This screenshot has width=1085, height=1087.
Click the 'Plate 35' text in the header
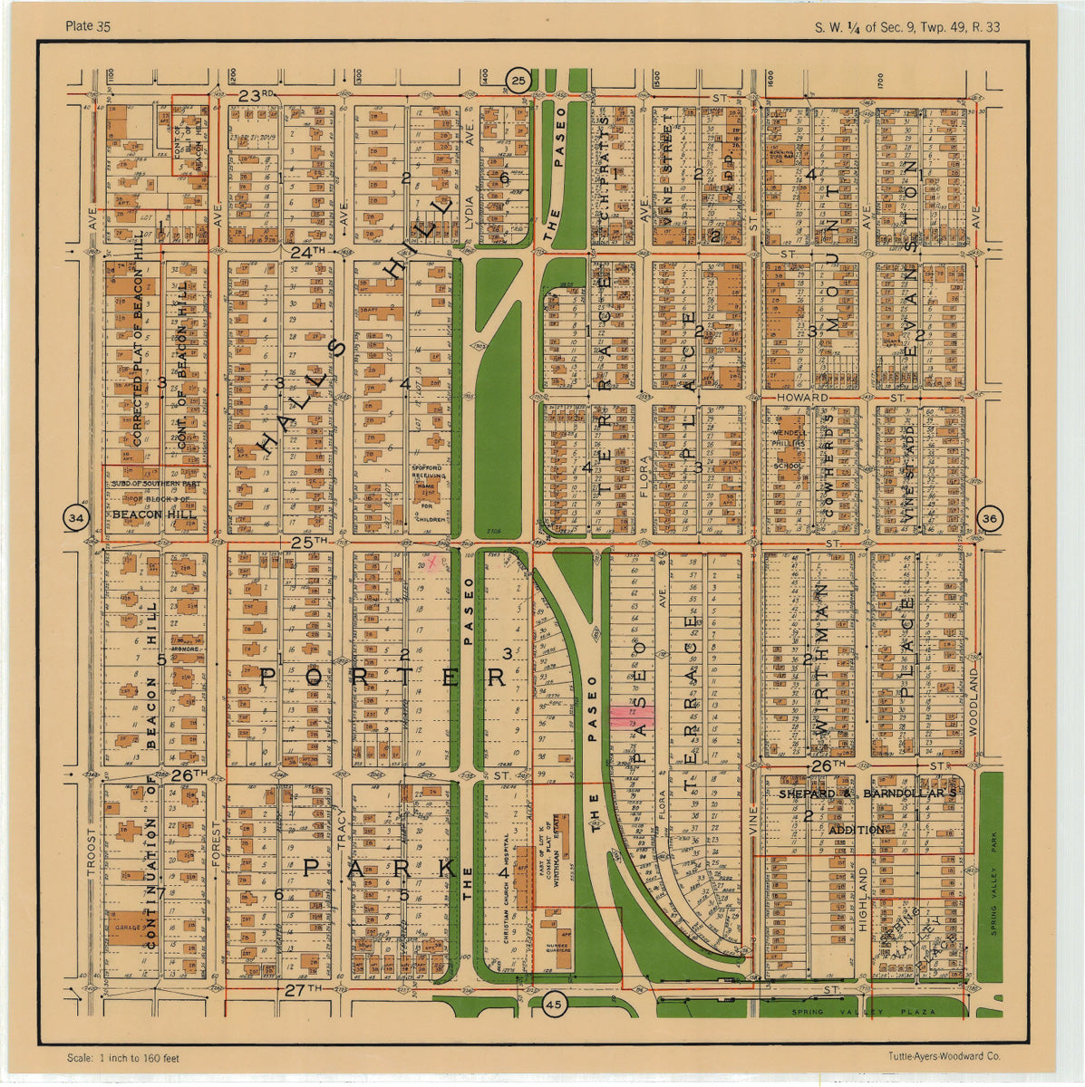(88, 26)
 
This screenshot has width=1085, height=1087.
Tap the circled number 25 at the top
(518, 81)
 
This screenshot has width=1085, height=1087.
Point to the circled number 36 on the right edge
(990, 518)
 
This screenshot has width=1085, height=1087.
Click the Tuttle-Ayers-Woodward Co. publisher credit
(945, 1056)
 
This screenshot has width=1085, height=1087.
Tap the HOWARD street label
(802, 398)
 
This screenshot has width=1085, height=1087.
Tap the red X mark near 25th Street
(433, 563)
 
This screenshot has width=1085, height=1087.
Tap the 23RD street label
(257, 95)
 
